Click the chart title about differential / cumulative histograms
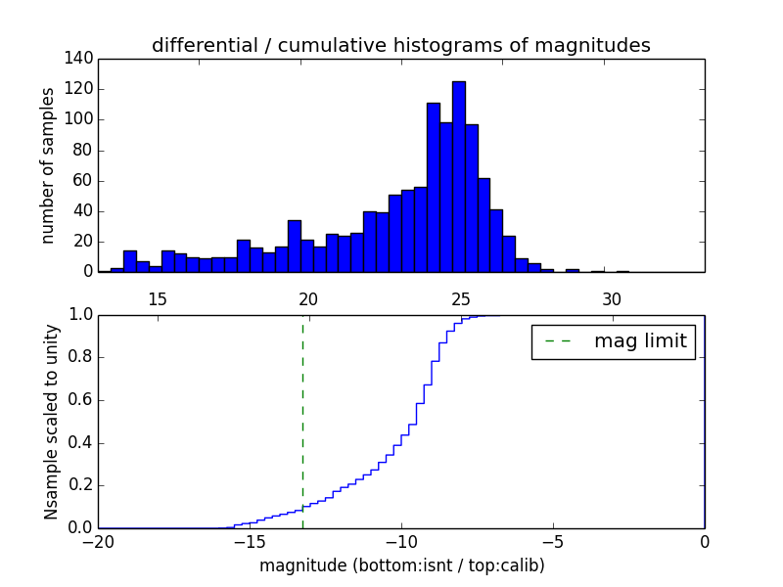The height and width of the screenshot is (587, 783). pos(400,45)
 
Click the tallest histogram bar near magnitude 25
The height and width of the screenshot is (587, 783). pos(458,176)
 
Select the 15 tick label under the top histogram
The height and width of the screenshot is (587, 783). pos(157,299)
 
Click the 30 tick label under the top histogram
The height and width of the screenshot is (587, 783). pos(612,299)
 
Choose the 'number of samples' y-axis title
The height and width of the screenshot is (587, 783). pos(48,165)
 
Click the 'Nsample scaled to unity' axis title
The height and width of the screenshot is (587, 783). pos(51,421)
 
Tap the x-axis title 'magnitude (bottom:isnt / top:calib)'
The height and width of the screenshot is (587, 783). pos(401,565)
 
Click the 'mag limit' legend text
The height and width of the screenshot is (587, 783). pos(640,341)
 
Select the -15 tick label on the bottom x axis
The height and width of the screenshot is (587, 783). pos(249,541)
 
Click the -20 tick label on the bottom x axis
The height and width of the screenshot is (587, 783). pos(98,541)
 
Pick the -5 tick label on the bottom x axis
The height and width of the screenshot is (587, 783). pos(552,541)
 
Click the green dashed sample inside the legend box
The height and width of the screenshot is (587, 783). pos(557,341)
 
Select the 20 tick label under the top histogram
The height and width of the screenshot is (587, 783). pos(308,299)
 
